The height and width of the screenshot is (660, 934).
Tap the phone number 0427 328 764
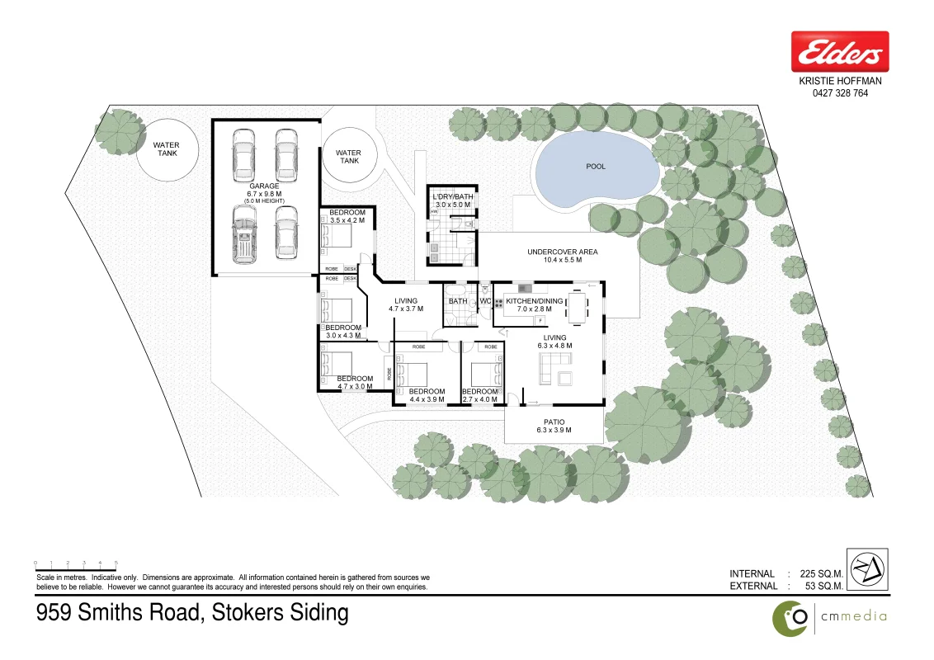[840, 93]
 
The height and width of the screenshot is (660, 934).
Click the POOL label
[596, 167]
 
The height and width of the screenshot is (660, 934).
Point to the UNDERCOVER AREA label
[562, 252]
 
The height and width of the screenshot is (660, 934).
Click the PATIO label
[554, 421]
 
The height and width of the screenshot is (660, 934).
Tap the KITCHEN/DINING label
[534, 301]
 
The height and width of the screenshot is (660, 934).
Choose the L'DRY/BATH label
[452, 195]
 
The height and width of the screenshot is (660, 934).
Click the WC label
[486, 301]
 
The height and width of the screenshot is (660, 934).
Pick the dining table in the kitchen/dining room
[578, 308]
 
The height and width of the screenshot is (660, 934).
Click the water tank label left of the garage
[166, 149]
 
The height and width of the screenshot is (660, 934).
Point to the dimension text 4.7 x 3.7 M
[406, 309]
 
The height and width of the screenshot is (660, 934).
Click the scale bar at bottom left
[76, 563]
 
